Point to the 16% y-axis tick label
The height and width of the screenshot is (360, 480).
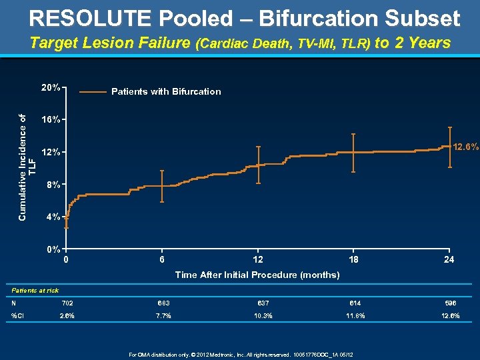pyautogui.click(x=51, y=120)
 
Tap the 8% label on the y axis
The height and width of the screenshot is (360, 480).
pyautogui.click(x=53, y=184)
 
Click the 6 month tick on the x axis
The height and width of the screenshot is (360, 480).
pyautogui.click(x=162, y=260)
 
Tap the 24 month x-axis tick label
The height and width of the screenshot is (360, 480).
pyautogui.click(x=449, y=260)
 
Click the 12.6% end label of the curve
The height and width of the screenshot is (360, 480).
pyautogui.click(x=465, y=147)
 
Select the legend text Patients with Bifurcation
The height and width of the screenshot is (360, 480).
pyautogui.click(x=166, y=92)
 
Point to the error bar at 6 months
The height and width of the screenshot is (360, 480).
pyautogui.click(x=162, y=186)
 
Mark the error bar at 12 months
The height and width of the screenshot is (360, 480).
pyautogui.click(x=258, y=165)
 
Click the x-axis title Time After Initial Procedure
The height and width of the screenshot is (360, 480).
pyautogui.click(x=257, y=275)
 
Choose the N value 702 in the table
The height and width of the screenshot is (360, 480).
pyautogui.click(x=67, y=303)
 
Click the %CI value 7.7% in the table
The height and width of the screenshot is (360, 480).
pyautogui.click(x=163, y=315)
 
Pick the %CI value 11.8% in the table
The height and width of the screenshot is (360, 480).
pyautogui.click(x=354, y=315)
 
